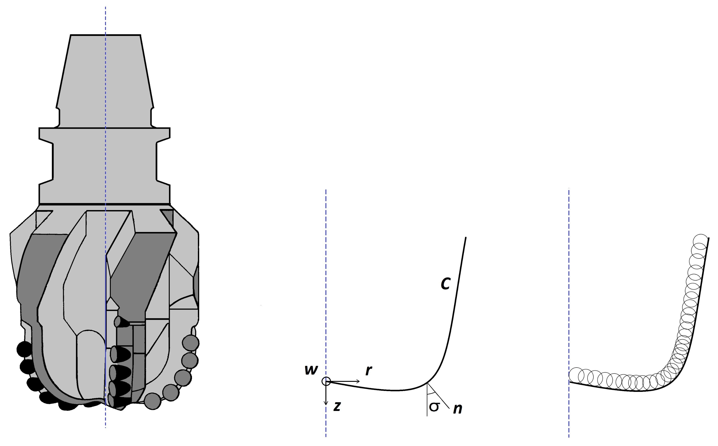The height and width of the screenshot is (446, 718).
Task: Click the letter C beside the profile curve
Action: click(x=445, y=283)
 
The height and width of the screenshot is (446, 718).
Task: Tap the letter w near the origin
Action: click(x=311, y=370)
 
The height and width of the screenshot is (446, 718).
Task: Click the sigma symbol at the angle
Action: click(x=434, y=407)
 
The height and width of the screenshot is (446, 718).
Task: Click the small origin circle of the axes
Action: click(x=326, y=381)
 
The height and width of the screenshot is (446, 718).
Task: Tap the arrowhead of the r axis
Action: click(x=358, y=381)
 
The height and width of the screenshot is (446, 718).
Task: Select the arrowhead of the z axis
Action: click(x=326, y=403)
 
